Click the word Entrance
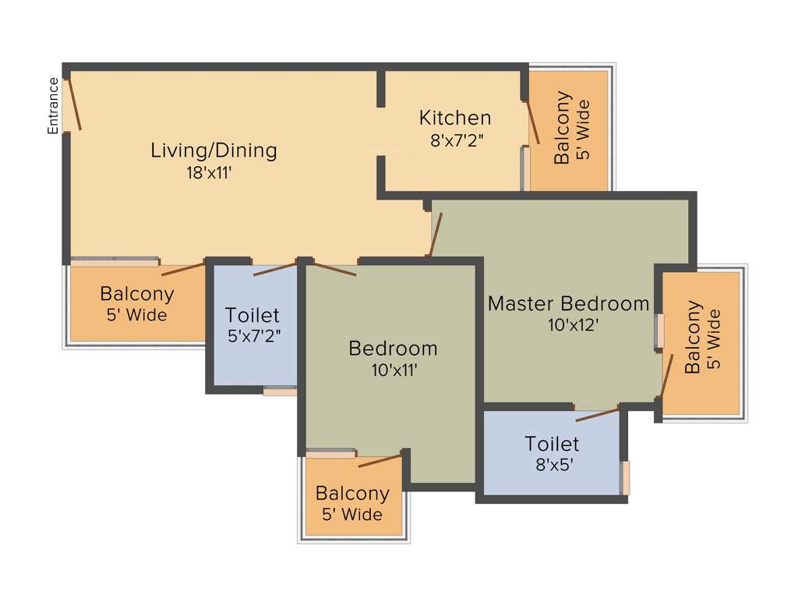[53, 106]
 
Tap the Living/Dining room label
[214, 150]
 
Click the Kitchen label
[455, 118]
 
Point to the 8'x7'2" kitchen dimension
[457, 141]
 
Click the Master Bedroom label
[568, 303]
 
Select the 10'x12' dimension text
[572, 324]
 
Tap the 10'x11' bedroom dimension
[395, 370]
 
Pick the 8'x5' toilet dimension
[552, 466]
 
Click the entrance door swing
[74, 103]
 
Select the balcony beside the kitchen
[569, 129]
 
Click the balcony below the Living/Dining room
[136, 304]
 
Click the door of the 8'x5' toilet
[598, 413]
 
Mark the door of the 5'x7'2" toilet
[275, 270]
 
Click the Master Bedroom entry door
[435, 235]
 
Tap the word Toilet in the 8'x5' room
[552, 444]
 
